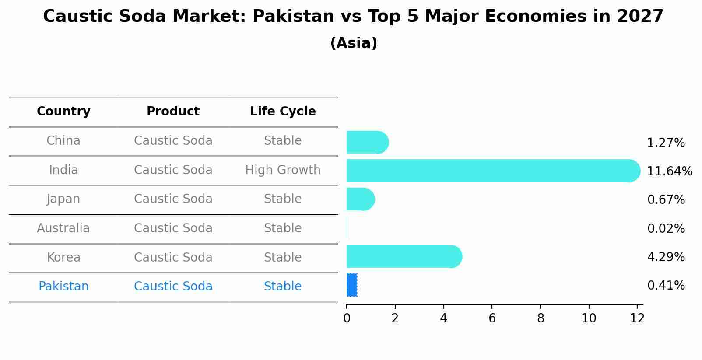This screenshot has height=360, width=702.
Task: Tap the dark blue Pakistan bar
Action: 352,285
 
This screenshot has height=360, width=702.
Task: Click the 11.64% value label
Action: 670,171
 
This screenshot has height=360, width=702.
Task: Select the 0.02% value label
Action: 666,228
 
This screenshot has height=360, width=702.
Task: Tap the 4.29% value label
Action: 666,257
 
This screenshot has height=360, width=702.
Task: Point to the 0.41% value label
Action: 666,286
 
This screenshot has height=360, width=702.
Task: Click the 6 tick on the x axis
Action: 492,318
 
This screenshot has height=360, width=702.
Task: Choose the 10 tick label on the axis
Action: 589,318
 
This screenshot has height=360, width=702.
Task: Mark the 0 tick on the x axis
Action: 347,318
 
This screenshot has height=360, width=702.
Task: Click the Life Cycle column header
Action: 283,112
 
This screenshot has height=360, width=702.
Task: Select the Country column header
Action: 63,112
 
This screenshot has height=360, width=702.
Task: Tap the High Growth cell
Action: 283,170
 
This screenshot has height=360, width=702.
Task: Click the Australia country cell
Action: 63,228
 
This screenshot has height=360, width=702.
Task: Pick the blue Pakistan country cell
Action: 63,287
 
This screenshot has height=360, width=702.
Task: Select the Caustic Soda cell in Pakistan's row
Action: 173,287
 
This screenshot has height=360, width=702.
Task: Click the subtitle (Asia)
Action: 354,43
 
